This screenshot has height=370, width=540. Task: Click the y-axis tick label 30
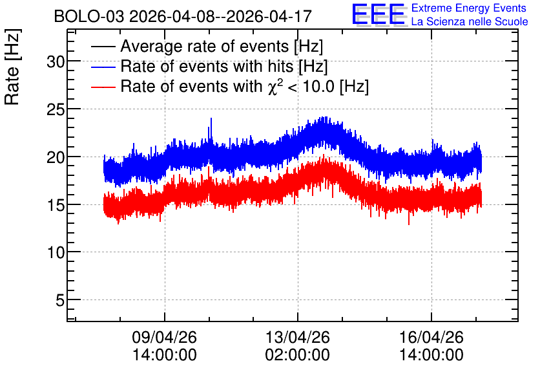[56, 62]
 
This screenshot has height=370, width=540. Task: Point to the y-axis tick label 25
[56, 110]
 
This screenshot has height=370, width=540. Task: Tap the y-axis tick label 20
[56, 158]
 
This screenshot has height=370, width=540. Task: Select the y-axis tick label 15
[56, 206]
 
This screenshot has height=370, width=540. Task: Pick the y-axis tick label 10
[56, 253]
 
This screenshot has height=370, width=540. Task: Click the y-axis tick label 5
[60, 300]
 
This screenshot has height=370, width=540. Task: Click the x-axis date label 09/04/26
[164, 337]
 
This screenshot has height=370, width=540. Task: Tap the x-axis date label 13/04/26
[298, 337]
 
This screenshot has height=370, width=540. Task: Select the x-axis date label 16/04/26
[431, 337]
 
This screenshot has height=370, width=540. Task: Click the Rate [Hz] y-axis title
[12, 67]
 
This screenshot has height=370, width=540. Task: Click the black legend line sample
[103, 47]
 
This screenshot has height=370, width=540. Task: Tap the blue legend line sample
[103, 67]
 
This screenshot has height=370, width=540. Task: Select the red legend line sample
[103, 87]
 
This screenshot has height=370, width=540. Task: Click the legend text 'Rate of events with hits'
[207, 66]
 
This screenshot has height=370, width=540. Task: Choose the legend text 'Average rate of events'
[205, 46]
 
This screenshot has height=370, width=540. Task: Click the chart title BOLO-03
[89, 16]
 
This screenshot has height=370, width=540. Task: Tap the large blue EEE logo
[379, 14]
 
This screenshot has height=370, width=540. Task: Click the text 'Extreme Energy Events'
[469, 8]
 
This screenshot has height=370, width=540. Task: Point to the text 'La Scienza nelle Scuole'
[470, 22]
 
